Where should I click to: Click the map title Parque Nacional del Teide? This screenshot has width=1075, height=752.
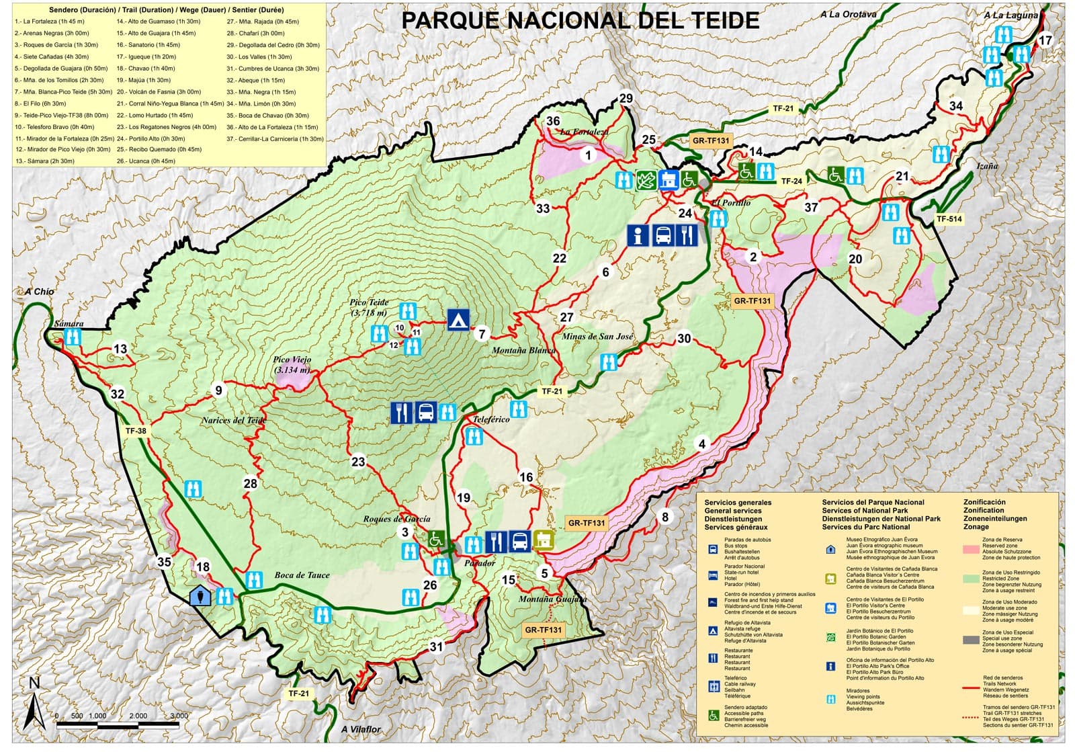pos(580,20)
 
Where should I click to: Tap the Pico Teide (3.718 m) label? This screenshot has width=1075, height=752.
pos(369,307)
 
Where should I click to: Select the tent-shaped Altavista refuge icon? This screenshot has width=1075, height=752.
pos(458,320)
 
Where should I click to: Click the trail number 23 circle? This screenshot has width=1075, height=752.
pos(358,462)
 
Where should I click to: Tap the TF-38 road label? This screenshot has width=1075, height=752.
pos(136,431)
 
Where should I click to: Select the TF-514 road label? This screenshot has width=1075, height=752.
pos(949,219)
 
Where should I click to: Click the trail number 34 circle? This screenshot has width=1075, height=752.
pos(955,106)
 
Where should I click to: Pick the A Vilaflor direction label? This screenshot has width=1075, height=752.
pos(360,729)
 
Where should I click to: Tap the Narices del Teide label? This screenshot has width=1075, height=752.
pos(234,421)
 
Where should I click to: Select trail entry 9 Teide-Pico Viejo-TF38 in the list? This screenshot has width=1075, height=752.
pos(61,116)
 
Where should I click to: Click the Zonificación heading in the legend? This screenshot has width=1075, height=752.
pos(984,502)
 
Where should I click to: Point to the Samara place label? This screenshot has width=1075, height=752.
pos(69,324)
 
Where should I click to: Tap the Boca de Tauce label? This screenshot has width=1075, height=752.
pos(302,575)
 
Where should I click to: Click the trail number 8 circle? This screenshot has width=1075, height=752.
pos(665,517)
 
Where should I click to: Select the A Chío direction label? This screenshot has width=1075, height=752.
pos(39,292)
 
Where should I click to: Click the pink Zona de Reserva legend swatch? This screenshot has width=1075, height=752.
pos(971,549)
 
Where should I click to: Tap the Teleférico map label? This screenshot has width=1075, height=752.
pos(491,419)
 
